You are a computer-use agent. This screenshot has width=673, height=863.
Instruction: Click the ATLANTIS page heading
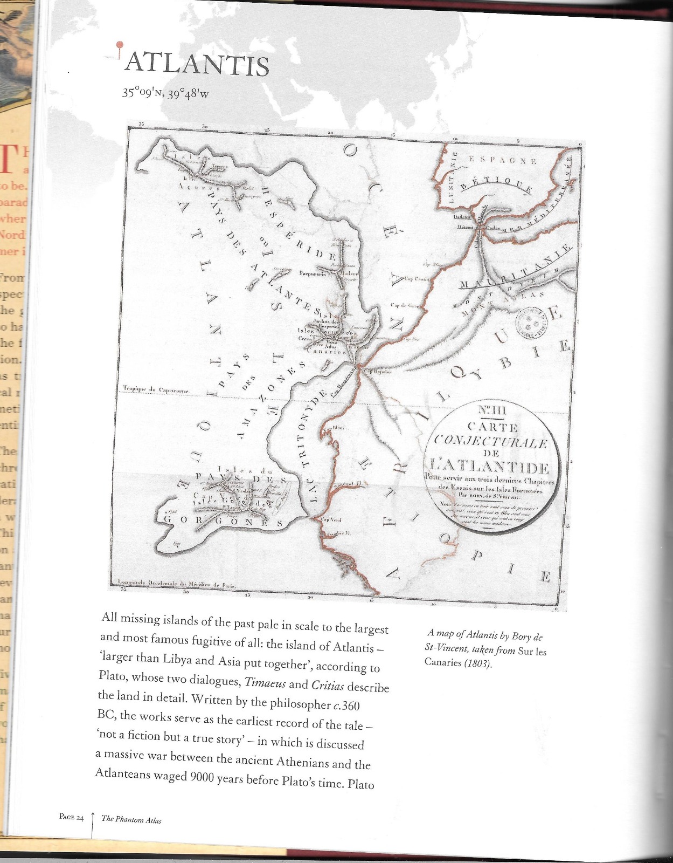tap(197, 65)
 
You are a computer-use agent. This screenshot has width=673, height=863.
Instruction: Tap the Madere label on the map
tap(349, 273)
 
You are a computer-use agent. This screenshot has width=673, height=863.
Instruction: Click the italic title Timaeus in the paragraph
tap(262, 682)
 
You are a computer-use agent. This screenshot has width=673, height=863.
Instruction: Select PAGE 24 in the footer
tap(72, 818)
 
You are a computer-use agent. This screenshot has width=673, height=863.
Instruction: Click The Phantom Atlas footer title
tap(131, 820)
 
